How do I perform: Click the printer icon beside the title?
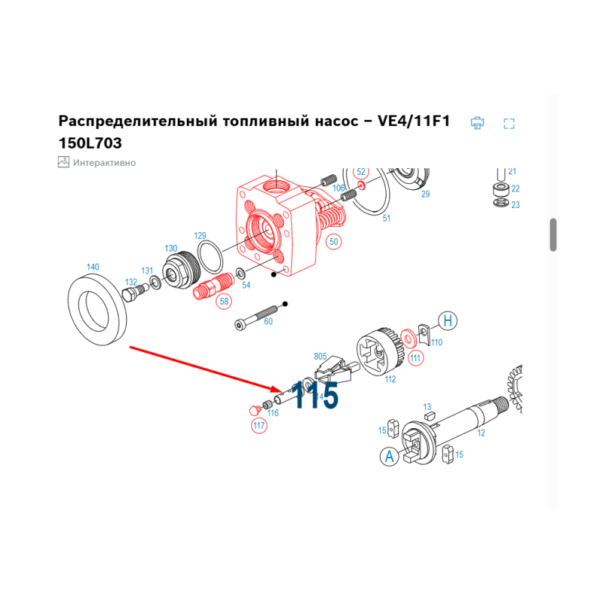tap(477, 123)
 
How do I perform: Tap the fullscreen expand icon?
tap(510, 124)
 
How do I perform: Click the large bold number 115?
tap(314, 395)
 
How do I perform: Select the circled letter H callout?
tap(448, 321)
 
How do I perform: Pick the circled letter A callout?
tap(389, 457)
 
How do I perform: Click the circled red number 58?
tap(224, 301)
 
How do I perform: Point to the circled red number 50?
tap(333, 242)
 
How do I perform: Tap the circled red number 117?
tap(259, 425)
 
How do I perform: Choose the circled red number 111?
tap(415, 359)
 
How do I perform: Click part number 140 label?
tap(93, 267)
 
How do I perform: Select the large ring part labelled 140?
tap(97, 310)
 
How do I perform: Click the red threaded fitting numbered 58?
tap(213, 286)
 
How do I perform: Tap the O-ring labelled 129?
tap(210, 257)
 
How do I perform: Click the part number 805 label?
tap(320, 357)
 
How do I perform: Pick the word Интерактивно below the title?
tap(104, 163)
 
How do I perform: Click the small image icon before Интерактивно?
tap(63, 162)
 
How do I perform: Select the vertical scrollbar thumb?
tap(553, 234)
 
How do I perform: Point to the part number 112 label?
tap(390, 379)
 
